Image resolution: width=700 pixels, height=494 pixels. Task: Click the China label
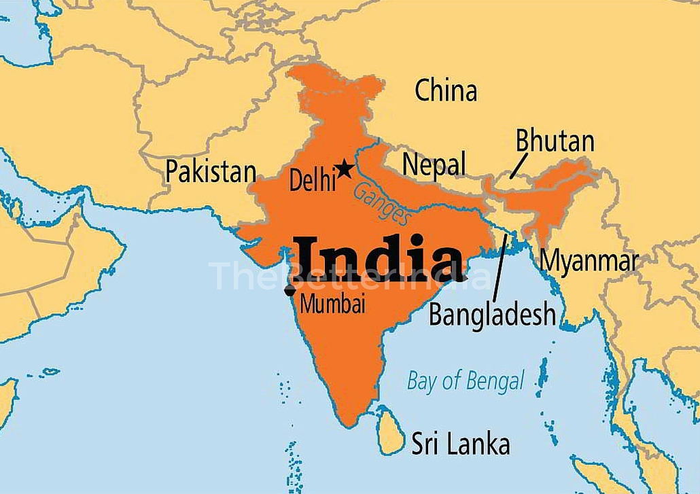coord(446,90)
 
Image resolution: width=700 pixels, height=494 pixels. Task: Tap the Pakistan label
coord(211,171)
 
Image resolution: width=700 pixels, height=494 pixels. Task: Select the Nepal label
coord(434,164)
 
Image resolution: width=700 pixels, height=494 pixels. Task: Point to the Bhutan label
coord(555,141)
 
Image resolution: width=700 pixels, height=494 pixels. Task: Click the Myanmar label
coord(589,260)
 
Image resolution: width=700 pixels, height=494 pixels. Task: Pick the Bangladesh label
coord(493,315)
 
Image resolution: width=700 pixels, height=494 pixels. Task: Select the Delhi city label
coord(313,181)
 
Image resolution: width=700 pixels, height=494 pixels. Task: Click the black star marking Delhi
coord(345,168)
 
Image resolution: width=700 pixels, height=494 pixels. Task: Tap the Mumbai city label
coord(332,304)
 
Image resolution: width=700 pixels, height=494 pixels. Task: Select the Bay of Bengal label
coord(466,381)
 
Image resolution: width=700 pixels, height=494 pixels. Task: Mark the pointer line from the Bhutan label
coord(519,165)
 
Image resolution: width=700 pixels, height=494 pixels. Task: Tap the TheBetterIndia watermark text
coord(350,276)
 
